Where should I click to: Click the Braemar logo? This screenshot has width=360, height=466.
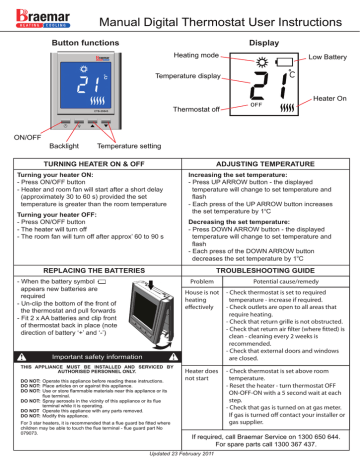coord(39,16)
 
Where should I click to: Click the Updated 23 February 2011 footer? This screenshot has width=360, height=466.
coord(180,458)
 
